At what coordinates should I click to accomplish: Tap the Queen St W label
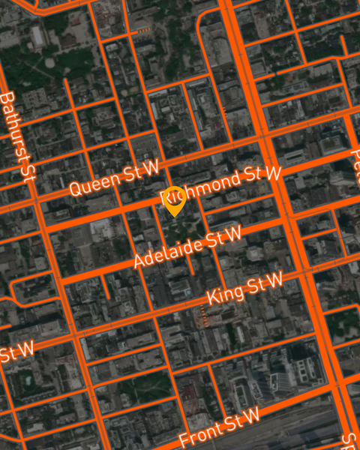point(114,179)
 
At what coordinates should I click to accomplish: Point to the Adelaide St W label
point(187,247)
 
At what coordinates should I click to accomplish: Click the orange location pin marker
point(175,199)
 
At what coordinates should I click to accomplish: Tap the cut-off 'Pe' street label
point(354,159)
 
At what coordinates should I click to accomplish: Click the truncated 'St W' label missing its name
point(16,351)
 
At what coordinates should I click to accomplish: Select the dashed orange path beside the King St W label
point(202,317)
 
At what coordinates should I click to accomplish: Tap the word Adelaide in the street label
point(166,253)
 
